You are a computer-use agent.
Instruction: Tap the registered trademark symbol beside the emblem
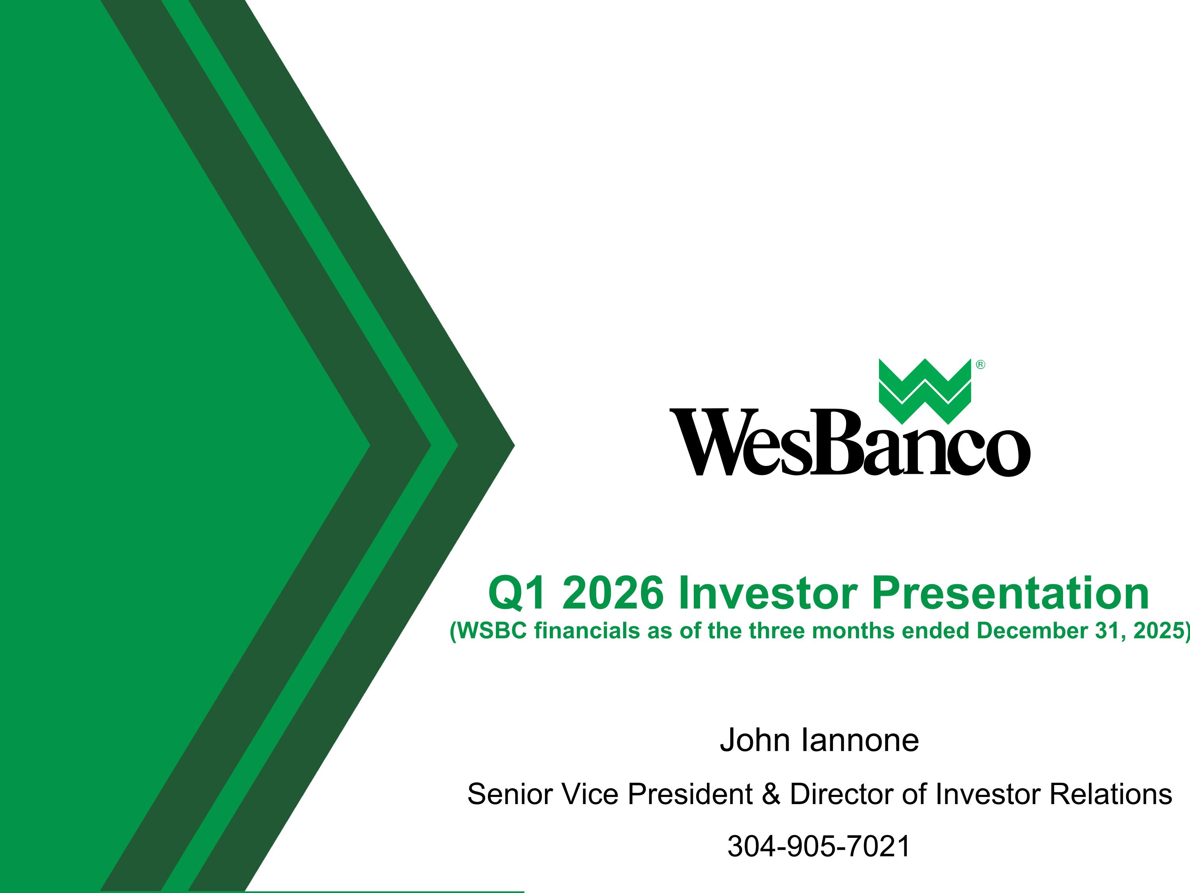click(980, 365)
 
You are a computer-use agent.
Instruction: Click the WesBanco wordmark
click(850, 443)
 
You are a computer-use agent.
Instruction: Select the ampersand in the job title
click(771, 794)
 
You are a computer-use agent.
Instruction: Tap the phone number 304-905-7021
click(819, 846)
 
